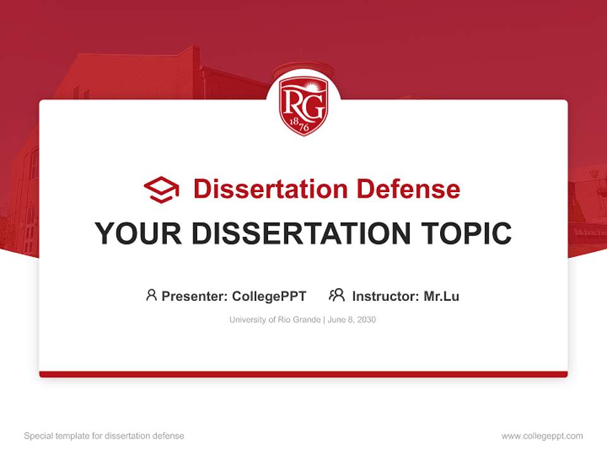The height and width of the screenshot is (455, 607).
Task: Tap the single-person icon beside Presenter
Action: [x=151, y=295]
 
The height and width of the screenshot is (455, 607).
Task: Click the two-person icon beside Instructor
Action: [x=336, y=295]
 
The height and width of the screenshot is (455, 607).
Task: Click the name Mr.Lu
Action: [x=441, y=296]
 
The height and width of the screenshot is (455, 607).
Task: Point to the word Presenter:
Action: [x=195, y=296]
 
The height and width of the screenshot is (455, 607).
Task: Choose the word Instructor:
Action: [x=386, y=296]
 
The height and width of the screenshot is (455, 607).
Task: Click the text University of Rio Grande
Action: [x=275, y=320]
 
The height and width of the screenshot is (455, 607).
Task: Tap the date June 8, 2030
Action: [x=352, y=320]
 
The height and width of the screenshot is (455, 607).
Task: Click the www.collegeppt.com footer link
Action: [x=542, y=436]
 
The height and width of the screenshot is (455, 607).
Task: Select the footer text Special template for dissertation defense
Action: [x=104, y=436]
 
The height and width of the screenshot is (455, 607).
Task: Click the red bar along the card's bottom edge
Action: [x=303, y=374]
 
